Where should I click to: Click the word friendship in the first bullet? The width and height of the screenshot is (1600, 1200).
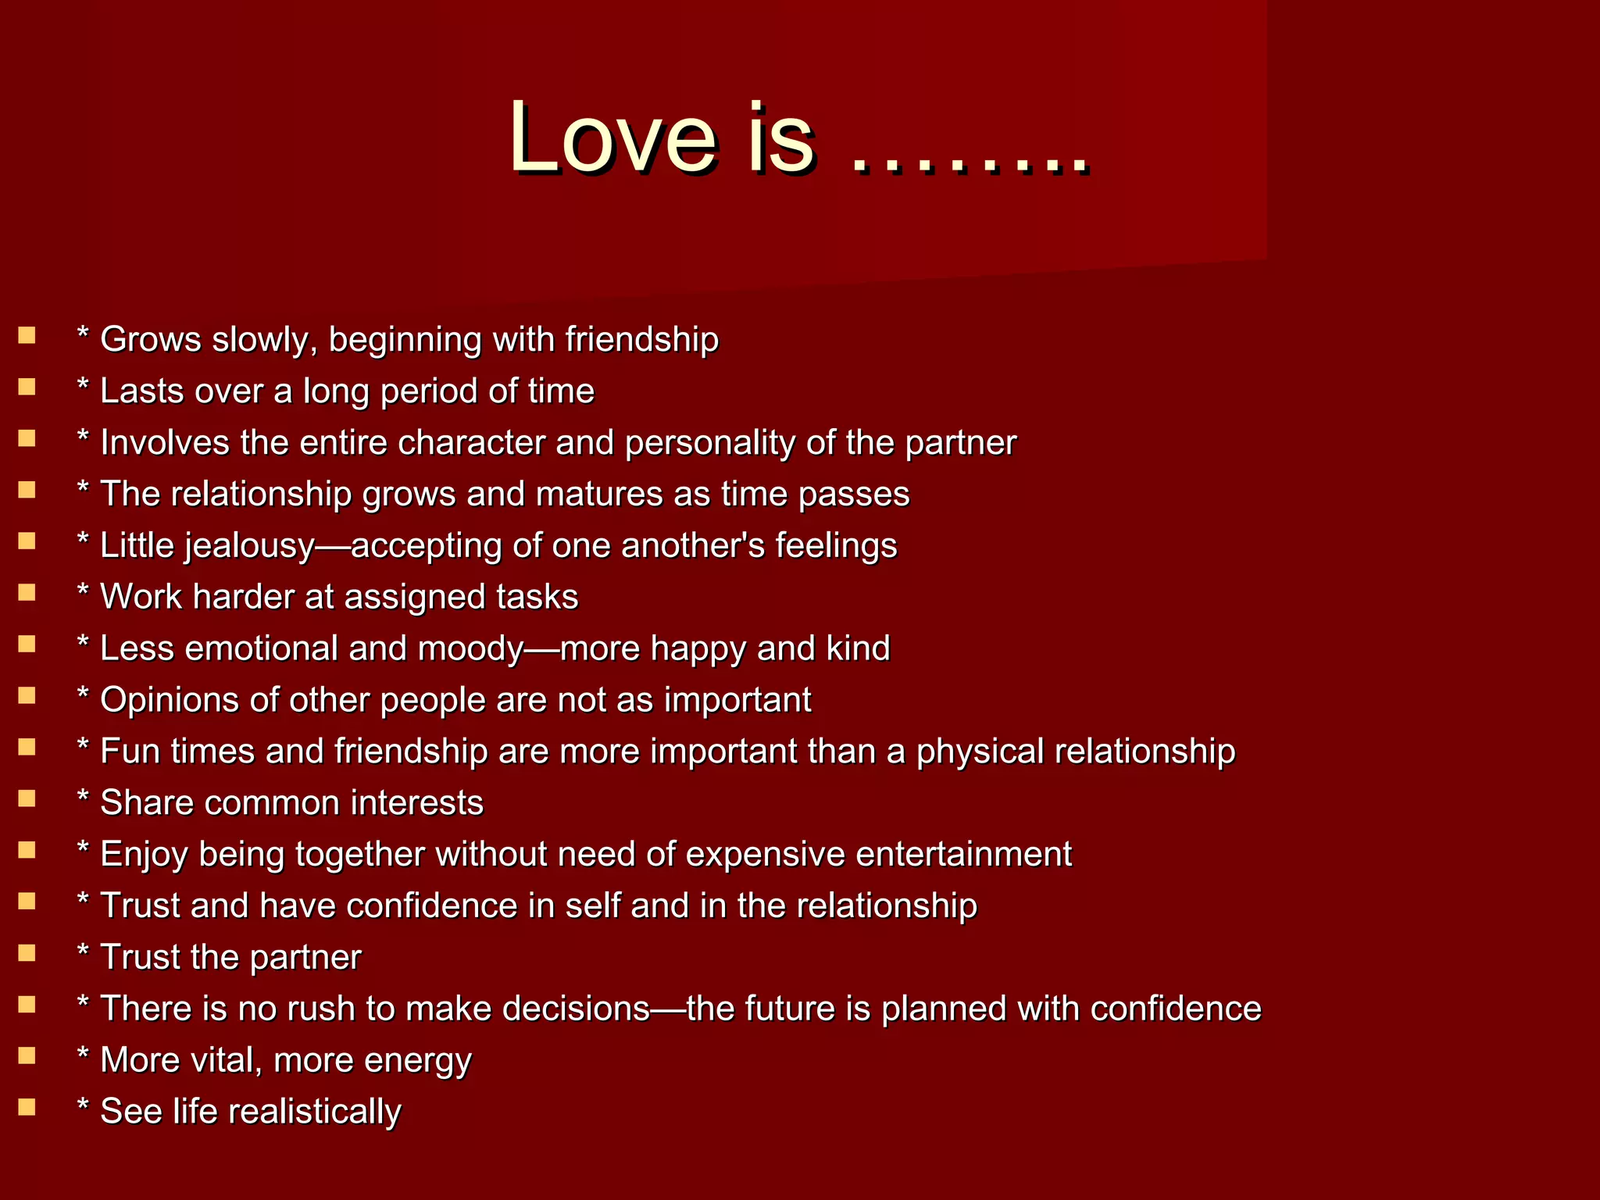pos(641,340)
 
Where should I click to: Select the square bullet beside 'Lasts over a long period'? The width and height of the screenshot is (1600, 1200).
pos(27,387)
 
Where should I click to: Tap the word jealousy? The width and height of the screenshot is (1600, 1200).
pos(250,546)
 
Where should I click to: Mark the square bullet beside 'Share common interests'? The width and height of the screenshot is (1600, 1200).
pos(27,798)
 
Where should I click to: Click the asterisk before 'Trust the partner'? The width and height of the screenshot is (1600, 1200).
pos(83,952)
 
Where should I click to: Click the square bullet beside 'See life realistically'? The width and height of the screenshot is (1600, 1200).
pos(27,1107)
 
